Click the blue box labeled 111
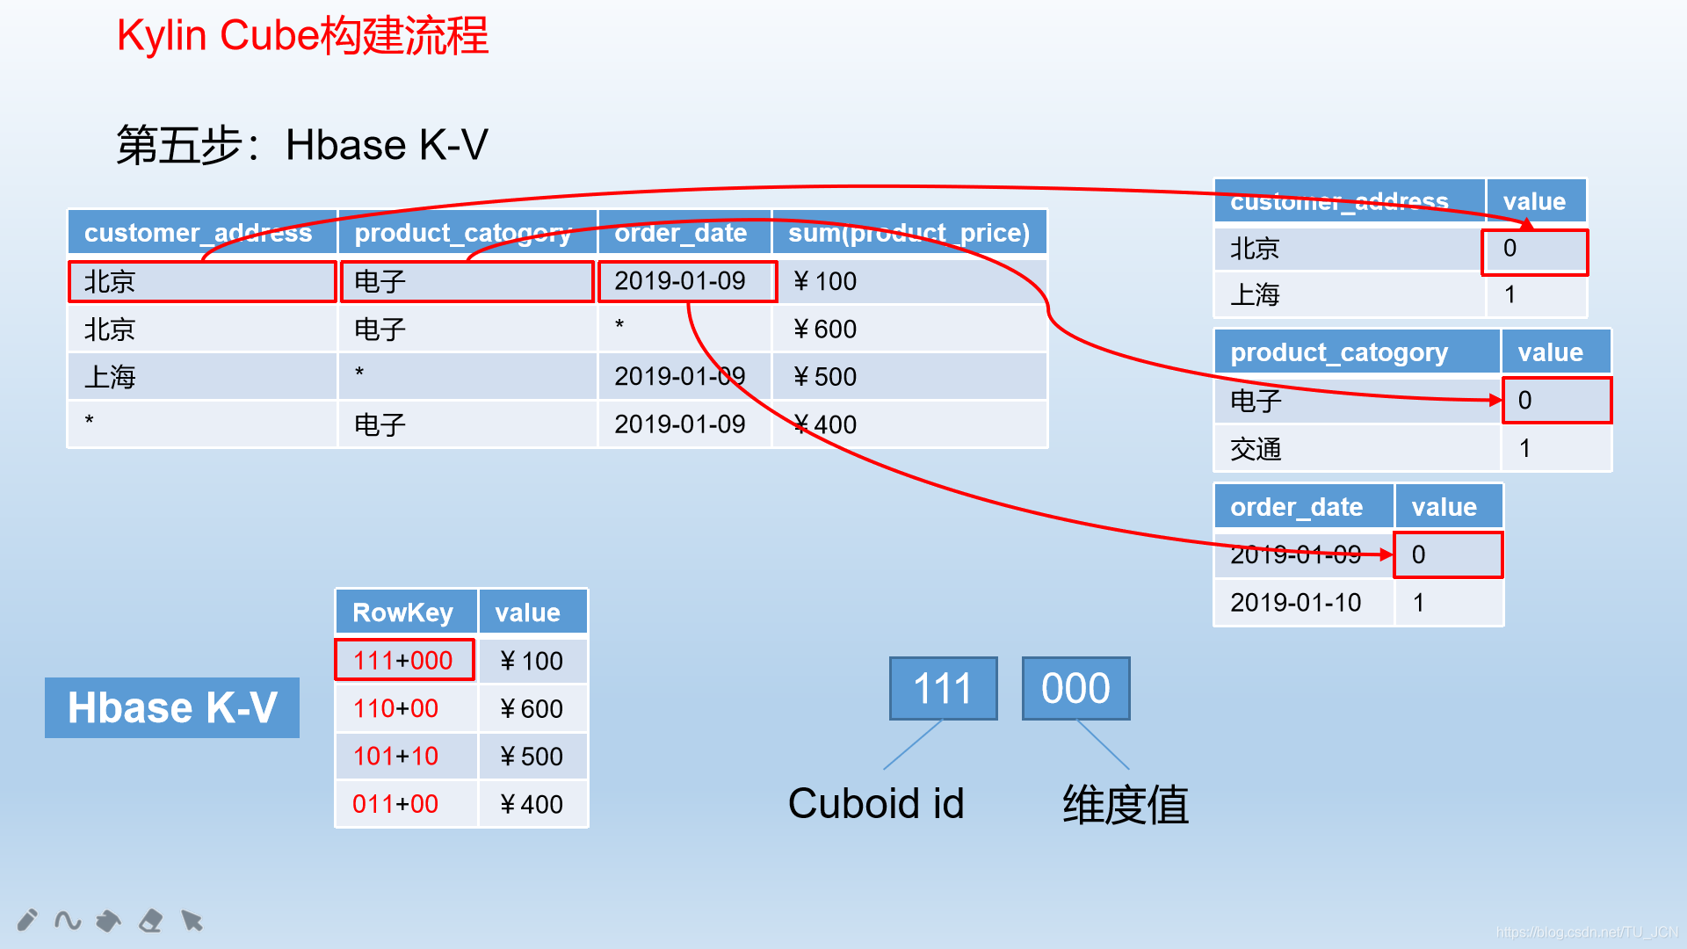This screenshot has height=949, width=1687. [943, 688]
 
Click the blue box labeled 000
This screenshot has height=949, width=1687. [1075, 688]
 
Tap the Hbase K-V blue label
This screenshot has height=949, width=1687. [172, 707]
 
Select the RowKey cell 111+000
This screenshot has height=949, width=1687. [404, 660]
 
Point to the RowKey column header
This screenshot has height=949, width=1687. [404, 612]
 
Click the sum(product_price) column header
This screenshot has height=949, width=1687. [909, 233]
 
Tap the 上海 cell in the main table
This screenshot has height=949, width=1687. [201, 377]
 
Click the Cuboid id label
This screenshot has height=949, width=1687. [876, 803]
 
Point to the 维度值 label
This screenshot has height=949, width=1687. [1126, 804]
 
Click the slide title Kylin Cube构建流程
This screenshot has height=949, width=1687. [302, 36]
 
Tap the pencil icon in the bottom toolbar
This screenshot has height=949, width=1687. [27, 920]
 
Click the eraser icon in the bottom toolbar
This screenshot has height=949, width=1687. [150, 920]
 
